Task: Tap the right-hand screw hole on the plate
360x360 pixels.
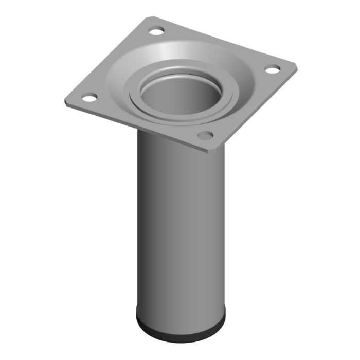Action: [x=273, y=68]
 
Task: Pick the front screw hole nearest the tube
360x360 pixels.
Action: [x=206, y=135]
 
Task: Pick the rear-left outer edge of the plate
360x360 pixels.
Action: [x=105, y=59]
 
